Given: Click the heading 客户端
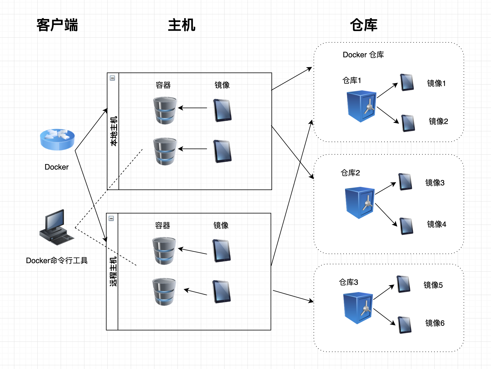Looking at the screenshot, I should (57, 25).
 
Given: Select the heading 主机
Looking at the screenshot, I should (182, 25).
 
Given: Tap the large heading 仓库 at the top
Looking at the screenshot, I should (364, 25).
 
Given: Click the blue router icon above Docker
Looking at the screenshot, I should (57, 139).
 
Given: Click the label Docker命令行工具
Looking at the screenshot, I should (57, 261).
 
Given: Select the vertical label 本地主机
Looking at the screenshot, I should (114, 131).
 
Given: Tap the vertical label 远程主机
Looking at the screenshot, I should (113, 271).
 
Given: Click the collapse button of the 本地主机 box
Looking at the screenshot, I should (112, 78).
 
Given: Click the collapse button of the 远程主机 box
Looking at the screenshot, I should (111, 218).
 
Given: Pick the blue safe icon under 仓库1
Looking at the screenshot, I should (361, 106).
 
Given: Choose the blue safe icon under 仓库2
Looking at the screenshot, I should (360, 203).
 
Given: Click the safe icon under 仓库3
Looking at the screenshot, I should (358, 308).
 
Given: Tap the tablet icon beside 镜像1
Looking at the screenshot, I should (407, 82).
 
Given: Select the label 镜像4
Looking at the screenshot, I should (436, 224).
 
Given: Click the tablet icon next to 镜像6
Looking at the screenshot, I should (405, 325).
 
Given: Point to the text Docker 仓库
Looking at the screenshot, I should (363, 55).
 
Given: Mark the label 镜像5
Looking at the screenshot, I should (433, 285).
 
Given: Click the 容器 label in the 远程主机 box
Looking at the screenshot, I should (163, 225).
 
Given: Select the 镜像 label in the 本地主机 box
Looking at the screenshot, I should (222, 85).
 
